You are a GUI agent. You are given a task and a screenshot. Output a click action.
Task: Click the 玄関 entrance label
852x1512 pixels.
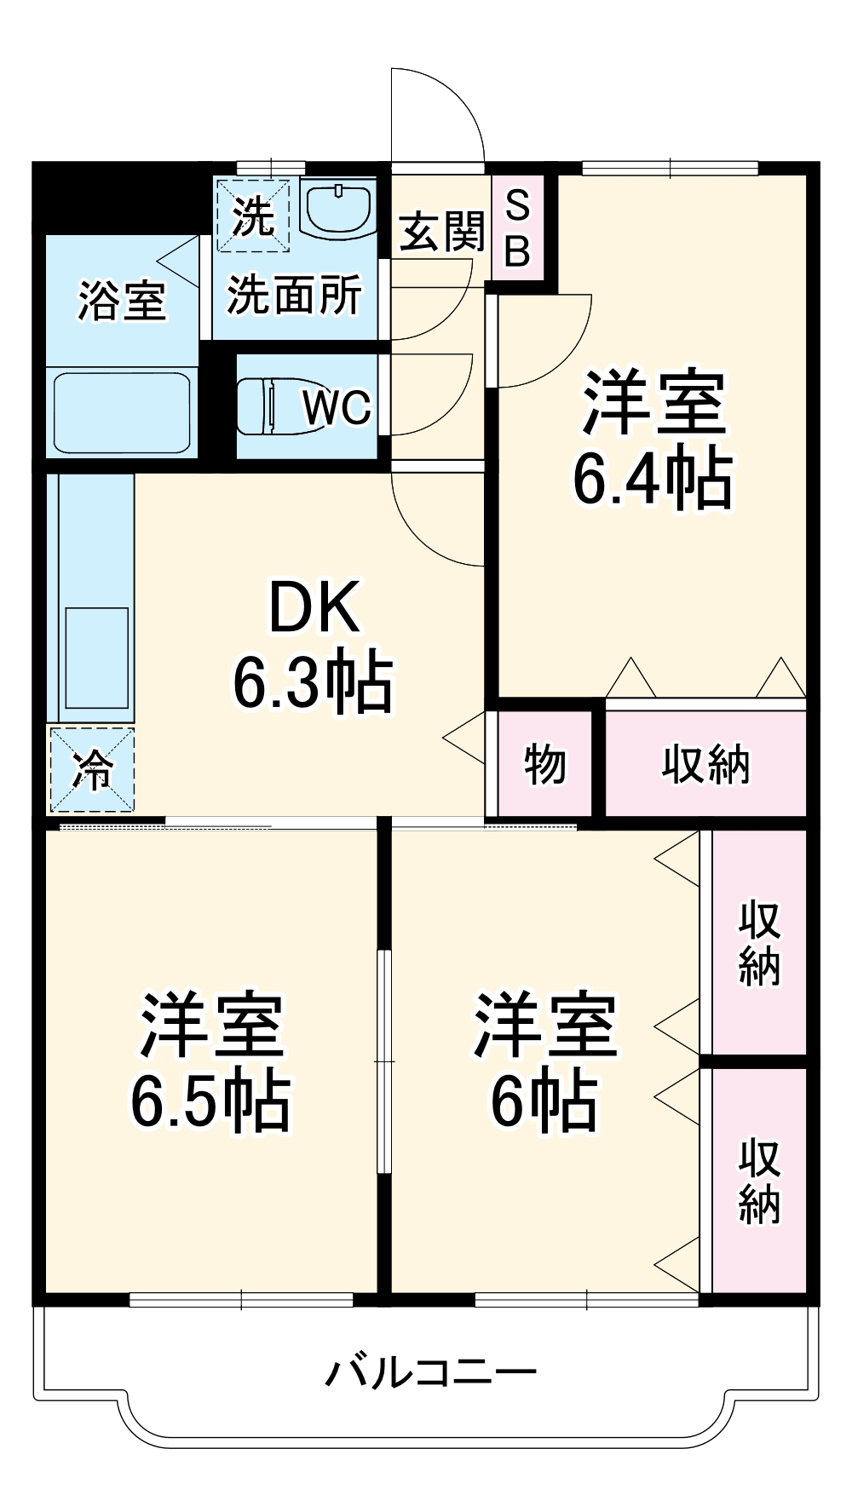(442, 232)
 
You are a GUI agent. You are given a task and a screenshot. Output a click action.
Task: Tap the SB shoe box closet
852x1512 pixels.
(518, 228)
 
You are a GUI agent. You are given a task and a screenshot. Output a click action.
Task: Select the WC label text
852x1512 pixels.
(337, 407)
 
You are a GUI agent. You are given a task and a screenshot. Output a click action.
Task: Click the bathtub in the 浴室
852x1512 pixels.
(121, 413)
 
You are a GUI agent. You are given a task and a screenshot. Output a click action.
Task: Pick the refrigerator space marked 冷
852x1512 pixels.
(91, 769)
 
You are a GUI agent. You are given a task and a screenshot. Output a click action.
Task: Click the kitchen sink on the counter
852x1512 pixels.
(96, 658)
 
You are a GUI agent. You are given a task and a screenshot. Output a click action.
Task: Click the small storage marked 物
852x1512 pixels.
(544, 763)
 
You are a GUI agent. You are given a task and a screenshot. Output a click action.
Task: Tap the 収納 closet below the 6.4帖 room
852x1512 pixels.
(705, 763)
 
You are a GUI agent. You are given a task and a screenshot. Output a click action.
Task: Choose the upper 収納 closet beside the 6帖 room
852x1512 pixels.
(758, 942)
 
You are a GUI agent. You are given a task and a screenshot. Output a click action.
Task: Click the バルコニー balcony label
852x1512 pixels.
(431, 1372)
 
